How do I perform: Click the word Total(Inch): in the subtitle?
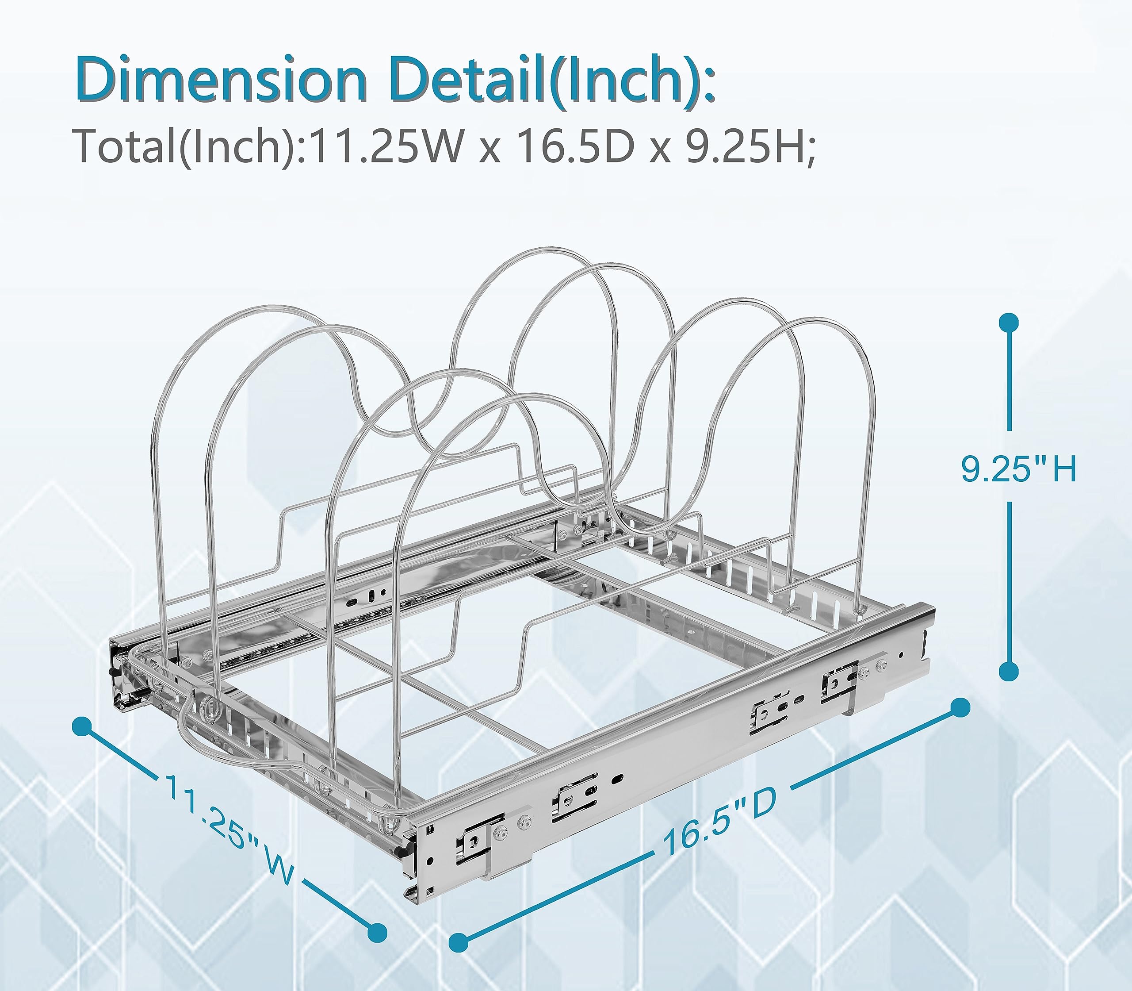tap(191, 146)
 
